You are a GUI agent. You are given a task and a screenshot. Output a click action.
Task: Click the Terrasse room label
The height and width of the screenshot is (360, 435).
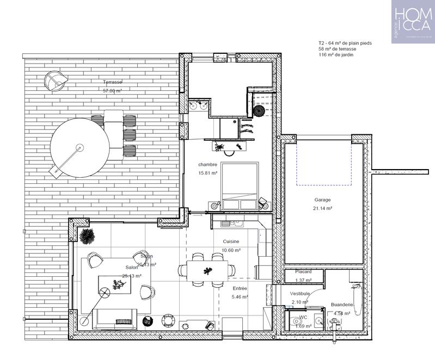[x=113, y=82]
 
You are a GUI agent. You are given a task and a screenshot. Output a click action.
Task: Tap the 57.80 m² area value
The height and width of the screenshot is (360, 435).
[x=113, y=91]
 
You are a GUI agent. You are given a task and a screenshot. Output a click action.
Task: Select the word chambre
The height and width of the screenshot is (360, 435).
[x=208, y=164]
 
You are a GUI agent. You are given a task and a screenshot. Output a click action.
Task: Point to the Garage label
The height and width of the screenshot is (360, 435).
[x=322, y=200]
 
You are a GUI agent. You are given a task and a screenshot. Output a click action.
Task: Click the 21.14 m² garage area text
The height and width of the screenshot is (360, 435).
[x=322, y=208]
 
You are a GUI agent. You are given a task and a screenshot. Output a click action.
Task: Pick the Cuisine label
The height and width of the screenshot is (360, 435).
[x=232, y=241]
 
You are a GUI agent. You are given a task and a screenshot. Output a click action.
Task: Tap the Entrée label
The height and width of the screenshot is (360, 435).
[x=240, y=288]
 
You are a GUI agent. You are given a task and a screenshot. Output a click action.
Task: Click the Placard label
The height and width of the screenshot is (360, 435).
[x=303, y=271]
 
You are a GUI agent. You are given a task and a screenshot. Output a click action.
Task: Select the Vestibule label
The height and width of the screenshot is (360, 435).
[x=299, y=293]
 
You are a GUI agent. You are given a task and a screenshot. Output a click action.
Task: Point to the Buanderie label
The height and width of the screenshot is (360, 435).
[x=342, y=305]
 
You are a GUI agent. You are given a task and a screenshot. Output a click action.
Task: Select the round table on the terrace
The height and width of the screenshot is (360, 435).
[x=79, y=147]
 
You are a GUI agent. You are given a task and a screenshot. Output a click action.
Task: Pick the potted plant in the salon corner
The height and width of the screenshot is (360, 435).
[x=86, y=236]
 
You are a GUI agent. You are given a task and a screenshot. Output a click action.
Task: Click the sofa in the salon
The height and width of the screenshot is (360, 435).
[x=115, y=319]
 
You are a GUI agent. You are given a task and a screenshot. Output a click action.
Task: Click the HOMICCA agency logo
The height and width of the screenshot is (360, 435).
[x=413, y=21]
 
